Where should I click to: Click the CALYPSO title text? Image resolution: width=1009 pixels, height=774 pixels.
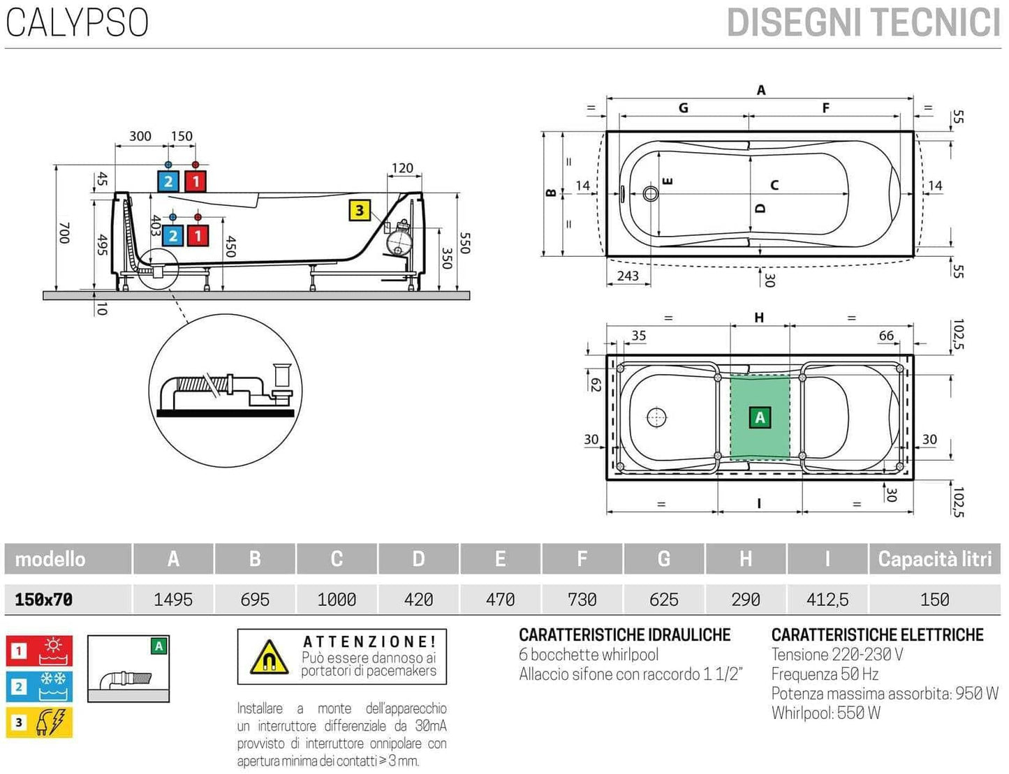click(x=77, y=22)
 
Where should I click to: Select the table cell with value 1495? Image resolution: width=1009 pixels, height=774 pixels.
click(x=173, y=600)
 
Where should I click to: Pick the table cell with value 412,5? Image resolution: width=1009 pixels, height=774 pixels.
click(x=827, y=600)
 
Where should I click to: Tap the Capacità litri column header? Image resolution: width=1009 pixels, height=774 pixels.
click(x=934, y=559)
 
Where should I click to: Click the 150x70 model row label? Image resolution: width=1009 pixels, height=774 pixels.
click(x=44, y=600)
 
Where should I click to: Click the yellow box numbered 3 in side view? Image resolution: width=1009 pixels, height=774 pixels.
click(x=359, y=210)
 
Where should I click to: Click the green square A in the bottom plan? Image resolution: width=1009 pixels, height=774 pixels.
click(x=760, y=417)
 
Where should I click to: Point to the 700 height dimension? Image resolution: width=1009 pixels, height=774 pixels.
click(x=64, y=232)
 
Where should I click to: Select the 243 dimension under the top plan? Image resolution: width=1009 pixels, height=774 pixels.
click(x=627, y=276)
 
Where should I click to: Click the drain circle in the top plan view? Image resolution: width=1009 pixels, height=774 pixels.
click(x=650, y=193)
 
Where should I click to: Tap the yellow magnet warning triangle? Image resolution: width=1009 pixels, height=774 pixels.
click(x=269, y=657)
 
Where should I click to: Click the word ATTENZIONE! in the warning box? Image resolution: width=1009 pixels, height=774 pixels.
click(x=369, y=641)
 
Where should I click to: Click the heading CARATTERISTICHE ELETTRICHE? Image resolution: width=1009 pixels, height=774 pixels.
click(x=877, y=635)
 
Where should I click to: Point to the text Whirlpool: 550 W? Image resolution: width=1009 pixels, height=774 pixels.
click(x=825, y=713)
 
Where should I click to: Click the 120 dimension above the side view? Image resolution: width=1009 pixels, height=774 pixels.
click(x=402, y=168)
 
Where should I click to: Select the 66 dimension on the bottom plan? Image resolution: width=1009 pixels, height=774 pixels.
click(x=886, y=336)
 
